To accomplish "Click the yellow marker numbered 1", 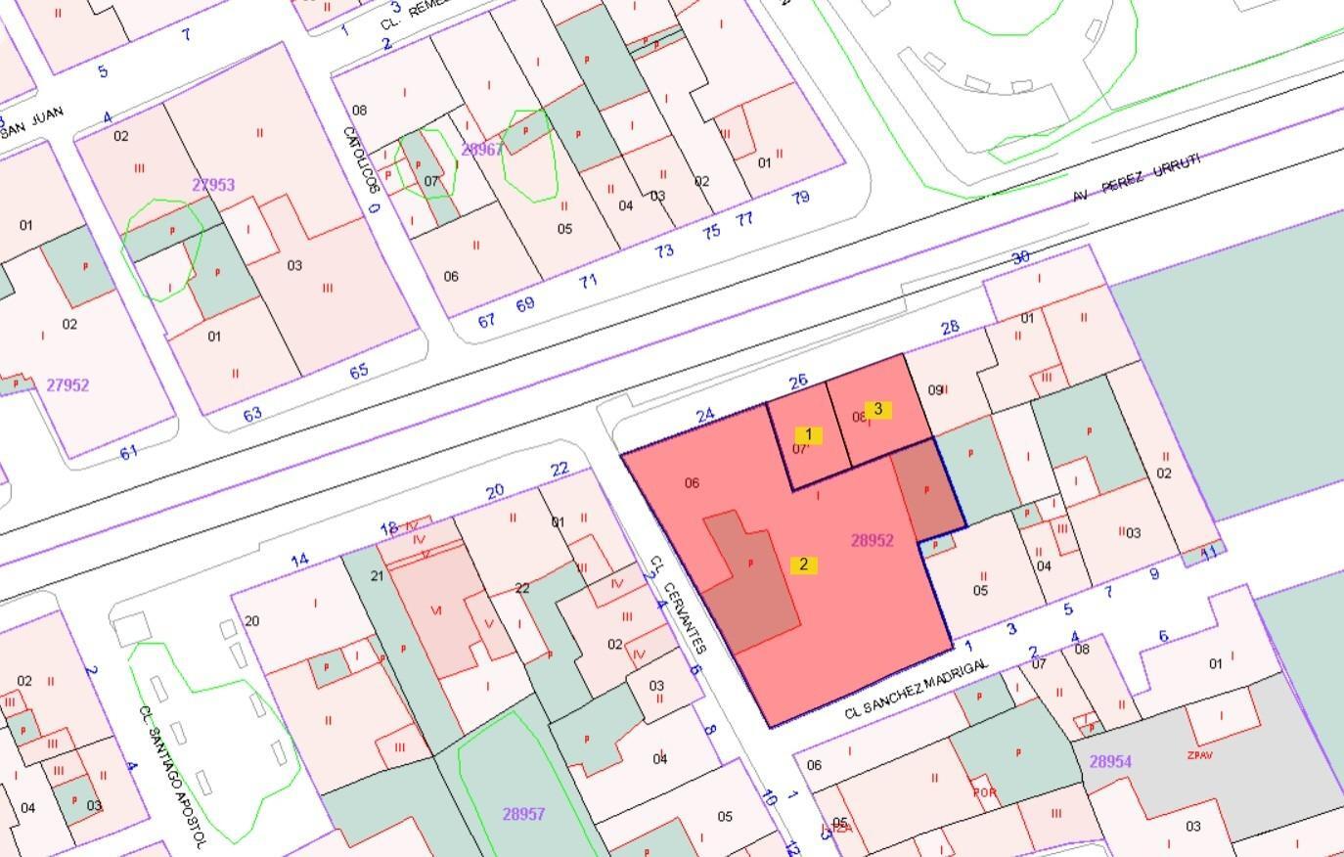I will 808,434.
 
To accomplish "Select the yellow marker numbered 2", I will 804,564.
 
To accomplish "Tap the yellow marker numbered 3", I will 877,409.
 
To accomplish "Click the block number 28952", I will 872,540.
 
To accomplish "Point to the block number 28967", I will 481,150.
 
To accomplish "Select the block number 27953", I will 213,185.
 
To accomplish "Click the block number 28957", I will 523,814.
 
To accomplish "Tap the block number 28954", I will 1110,761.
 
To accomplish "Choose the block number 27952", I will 67,385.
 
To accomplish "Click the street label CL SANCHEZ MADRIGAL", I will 917,690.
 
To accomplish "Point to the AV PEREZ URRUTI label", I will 1136,177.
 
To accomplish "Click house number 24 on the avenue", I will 705,417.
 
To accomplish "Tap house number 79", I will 800,198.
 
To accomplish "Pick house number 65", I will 359,371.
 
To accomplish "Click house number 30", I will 1020,257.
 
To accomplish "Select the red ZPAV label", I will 1199,755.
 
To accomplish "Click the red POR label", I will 984,791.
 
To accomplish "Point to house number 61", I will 128,452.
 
